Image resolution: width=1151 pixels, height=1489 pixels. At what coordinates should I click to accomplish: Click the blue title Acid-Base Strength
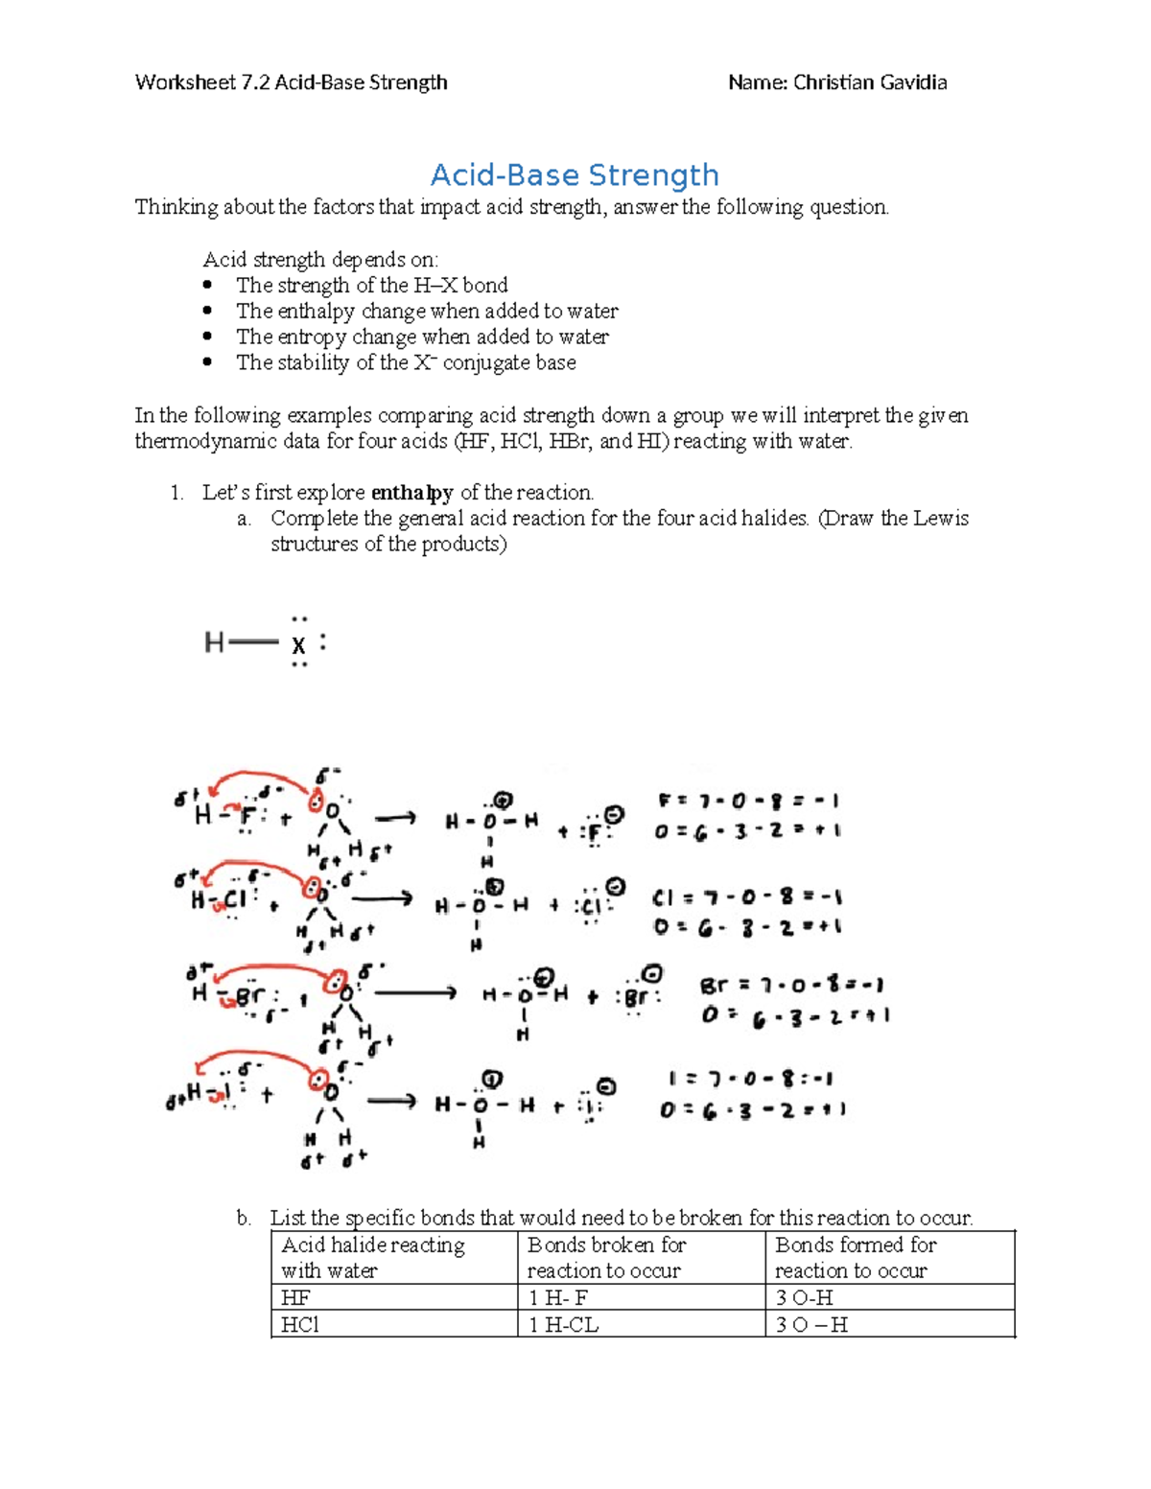tap(575, 175)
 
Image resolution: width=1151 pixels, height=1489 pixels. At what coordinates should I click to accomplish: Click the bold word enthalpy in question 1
tap(411, 493)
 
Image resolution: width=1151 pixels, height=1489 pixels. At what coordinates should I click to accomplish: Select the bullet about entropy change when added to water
tap(422, 337)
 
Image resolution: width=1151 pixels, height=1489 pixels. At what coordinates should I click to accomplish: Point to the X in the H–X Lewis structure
tap(299, 645)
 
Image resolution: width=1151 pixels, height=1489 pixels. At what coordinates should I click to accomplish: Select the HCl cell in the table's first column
tap(300, 1325)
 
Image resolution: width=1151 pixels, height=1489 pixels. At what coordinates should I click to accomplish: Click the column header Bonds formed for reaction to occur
tap(855, 1257)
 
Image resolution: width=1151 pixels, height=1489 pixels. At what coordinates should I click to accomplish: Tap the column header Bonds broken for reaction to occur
tap(606, 1257)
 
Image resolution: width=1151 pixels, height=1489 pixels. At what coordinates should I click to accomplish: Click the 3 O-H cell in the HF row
tap(804, 1298)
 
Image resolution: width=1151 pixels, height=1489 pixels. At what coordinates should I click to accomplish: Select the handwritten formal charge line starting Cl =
tap(747, 898)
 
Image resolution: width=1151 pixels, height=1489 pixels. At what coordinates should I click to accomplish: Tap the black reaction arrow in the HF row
tap(394, 819)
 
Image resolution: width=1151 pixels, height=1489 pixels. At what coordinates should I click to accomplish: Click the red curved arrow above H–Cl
tap(254, 868)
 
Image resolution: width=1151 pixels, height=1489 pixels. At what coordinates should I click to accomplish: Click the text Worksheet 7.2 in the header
tap(201, 82)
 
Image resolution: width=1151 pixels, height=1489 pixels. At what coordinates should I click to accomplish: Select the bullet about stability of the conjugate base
tap(406, 362)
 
